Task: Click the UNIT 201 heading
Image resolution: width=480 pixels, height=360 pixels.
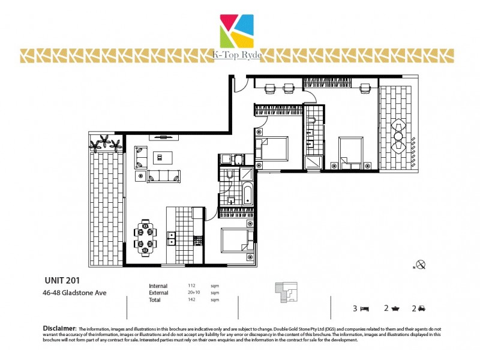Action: point(62,280)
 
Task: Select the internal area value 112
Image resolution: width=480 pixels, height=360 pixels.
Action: point(193,286)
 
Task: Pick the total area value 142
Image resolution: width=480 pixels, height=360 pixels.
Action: point(193,299)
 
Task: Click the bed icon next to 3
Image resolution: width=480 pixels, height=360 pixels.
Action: point(364,308)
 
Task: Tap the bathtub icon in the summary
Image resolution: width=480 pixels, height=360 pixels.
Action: point(396,308)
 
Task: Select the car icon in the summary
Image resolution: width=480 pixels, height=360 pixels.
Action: point(422,308)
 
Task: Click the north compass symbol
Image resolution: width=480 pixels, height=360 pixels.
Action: point(421,264)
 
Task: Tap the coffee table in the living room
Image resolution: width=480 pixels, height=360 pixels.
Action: point(160,158)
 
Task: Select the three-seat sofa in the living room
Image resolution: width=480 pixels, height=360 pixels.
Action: point(163,176)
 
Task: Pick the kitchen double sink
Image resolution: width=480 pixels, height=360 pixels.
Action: point(171,238)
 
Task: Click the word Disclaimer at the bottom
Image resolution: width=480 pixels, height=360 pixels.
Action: point(59,329)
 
